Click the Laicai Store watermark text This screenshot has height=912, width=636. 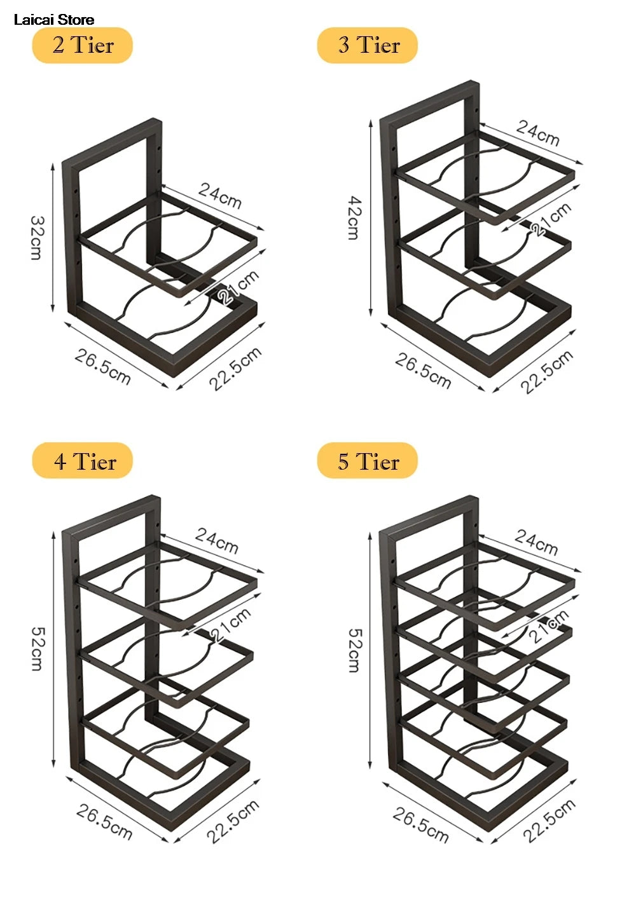(x=54, y=20)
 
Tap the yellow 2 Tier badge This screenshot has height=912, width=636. (x=82, y=45)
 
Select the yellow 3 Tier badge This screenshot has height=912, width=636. (x=368, y=45)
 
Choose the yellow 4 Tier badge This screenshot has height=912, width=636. (x=82, y=461)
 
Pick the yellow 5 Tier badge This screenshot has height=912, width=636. (x=368, y=461)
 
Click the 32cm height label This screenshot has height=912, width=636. (x=37, y=238)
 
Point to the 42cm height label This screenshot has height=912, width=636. (x=354, y=218)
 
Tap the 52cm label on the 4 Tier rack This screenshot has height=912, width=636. (x=37, y=649)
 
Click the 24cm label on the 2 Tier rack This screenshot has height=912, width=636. (x=220, y=196)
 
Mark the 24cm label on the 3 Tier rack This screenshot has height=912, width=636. (x=538, y=133)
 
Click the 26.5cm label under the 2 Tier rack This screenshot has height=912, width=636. (x=102, y=367)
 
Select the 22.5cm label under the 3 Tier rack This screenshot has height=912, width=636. (x=547, y=372)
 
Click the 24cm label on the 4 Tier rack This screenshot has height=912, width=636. (x=217, y=541)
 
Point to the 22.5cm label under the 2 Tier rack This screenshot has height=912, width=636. (x=235, y=369)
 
